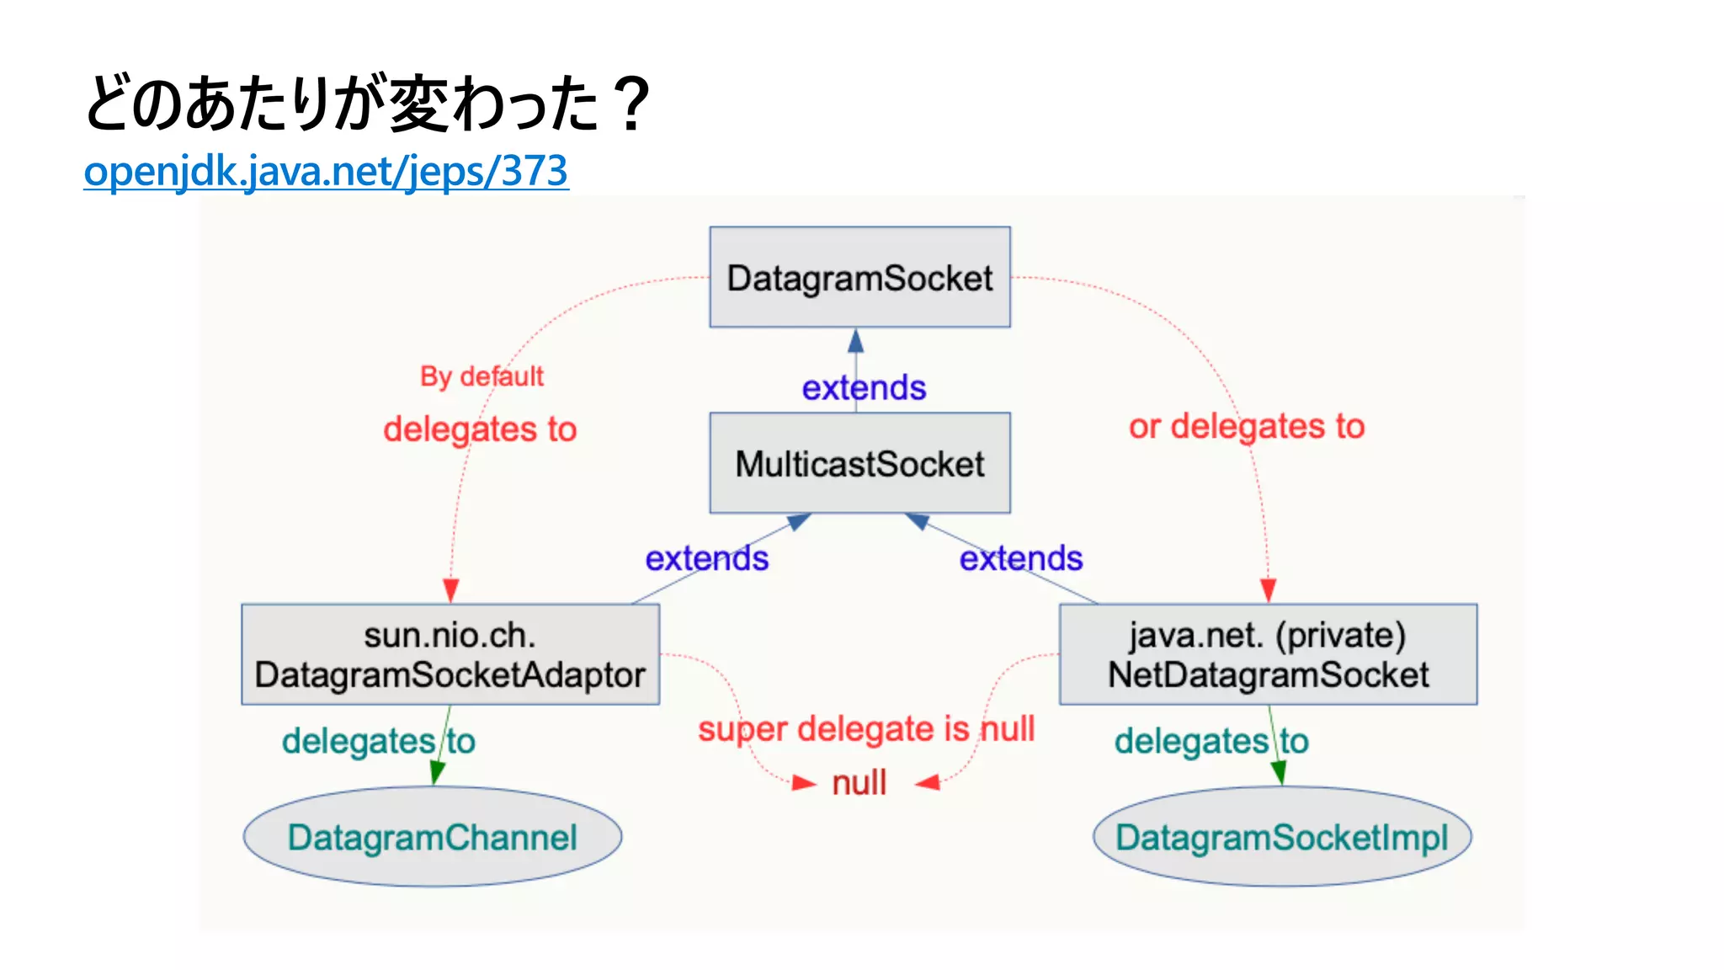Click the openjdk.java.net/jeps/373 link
click(x=326, y=171)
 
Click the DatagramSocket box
click(x=859, y=277)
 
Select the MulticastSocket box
click(x=859, y=463)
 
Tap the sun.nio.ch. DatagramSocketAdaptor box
click(x=450, y=654)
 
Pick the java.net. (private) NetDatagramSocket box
click(x=1268, y=654)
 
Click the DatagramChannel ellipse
click(x=432, y=836)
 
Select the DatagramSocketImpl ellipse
click(x=1281, y=836)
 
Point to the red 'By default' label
click(x=482, y=376)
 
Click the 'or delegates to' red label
click(x=1246, y=426)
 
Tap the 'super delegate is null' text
click(x=865, y=728)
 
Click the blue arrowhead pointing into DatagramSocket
click(x=856, y=341)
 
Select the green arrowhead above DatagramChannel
click(x=437, y=771)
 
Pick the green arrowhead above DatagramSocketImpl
click(x=1278, y=771)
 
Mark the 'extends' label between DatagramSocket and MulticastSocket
click(x=864, y=388)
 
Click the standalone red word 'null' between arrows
click(x=859, y=783)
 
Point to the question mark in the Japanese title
click(x=631, y=104)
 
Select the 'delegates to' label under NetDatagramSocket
click(x=1211, y=741)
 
